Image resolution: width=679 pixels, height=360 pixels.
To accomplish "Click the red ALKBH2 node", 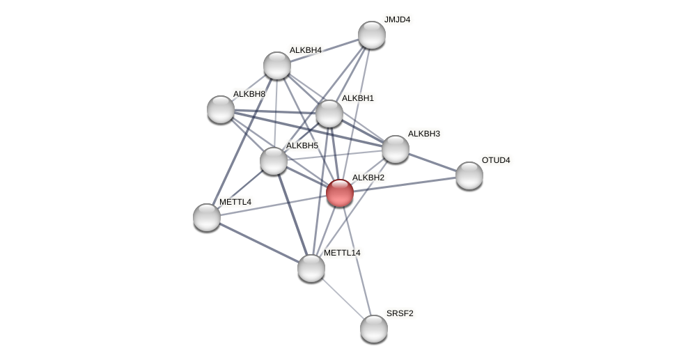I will [x=340, y=193].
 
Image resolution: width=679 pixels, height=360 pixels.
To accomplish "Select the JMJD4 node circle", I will [x=372, y=35].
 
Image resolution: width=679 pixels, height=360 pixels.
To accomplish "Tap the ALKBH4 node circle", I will [x=277, y=65].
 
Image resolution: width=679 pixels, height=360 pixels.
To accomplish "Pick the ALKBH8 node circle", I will [x=221, y=109].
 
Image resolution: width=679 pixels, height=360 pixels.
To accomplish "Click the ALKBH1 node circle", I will [x=329, y=114].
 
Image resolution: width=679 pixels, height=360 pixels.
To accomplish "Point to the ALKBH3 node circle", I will [x=396, y=149].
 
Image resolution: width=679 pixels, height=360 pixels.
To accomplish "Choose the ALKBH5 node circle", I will [x=274, y=161].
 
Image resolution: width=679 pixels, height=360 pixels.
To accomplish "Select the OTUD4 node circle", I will [x=469, y=175].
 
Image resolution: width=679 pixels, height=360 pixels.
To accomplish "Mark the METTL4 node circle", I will [x=207, y=217].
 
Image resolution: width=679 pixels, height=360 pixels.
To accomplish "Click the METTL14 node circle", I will [x=311, y=268].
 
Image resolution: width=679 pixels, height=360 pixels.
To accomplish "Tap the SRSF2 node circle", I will [x=374, y=329].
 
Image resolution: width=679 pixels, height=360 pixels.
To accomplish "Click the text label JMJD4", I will [x=397, y=19].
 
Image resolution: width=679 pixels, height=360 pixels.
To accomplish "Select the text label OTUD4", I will [x=496, y=160].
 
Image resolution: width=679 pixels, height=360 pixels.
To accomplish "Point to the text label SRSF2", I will [x=400, y=313].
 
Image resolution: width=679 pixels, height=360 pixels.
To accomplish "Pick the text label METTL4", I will [x=235, y=202].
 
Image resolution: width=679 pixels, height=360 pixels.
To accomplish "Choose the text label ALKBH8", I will [x=249, y=94].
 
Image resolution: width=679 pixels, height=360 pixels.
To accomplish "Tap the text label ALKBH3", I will [x=424, y=134].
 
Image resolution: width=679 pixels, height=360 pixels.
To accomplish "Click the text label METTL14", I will [x=342, y=253].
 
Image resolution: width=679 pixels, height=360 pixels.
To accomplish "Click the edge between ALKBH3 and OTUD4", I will [x=432, y=162].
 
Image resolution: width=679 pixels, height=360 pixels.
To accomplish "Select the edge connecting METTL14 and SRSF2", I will [x=343, y=298].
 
